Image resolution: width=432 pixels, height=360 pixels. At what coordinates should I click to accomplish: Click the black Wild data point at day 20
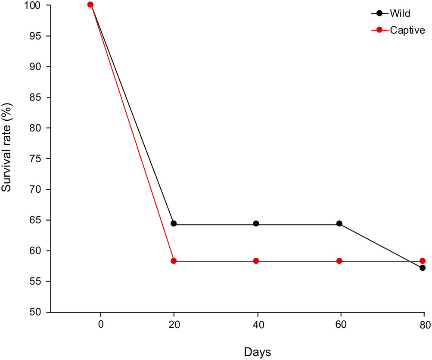[174, 224]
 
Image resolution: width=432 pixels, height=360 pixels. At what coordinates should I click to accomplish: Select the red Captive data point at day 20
[174, 261]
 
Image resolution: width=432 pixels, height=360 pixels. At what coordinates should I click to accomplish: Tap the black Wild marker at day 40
[256, 223]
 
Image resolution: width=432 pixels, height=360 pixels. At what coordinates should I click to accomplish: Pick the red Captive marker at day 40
[256, 261]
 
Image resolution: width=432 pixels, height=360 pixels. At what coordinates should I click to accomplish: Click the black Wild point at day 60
[339, 223]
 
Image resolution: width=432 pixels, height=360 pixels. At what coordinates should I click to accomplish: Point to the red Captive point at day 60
[339, 261]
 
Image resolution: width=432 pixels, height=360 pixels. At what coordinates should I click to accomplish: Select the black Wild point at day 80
[423, 268]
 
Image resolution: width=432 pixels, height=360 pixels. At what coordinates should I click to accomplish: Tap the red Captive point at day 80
[423, 261]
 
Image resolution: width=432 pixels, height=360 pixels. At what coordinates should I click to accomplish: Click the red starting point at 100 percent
[90, 4]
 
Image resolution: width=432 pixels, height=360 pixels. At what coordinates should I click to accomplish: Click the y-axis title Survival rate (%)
[7, 147]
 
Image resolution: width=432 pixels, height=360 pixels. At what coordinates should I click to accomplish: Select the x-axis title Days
[257, 352]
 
